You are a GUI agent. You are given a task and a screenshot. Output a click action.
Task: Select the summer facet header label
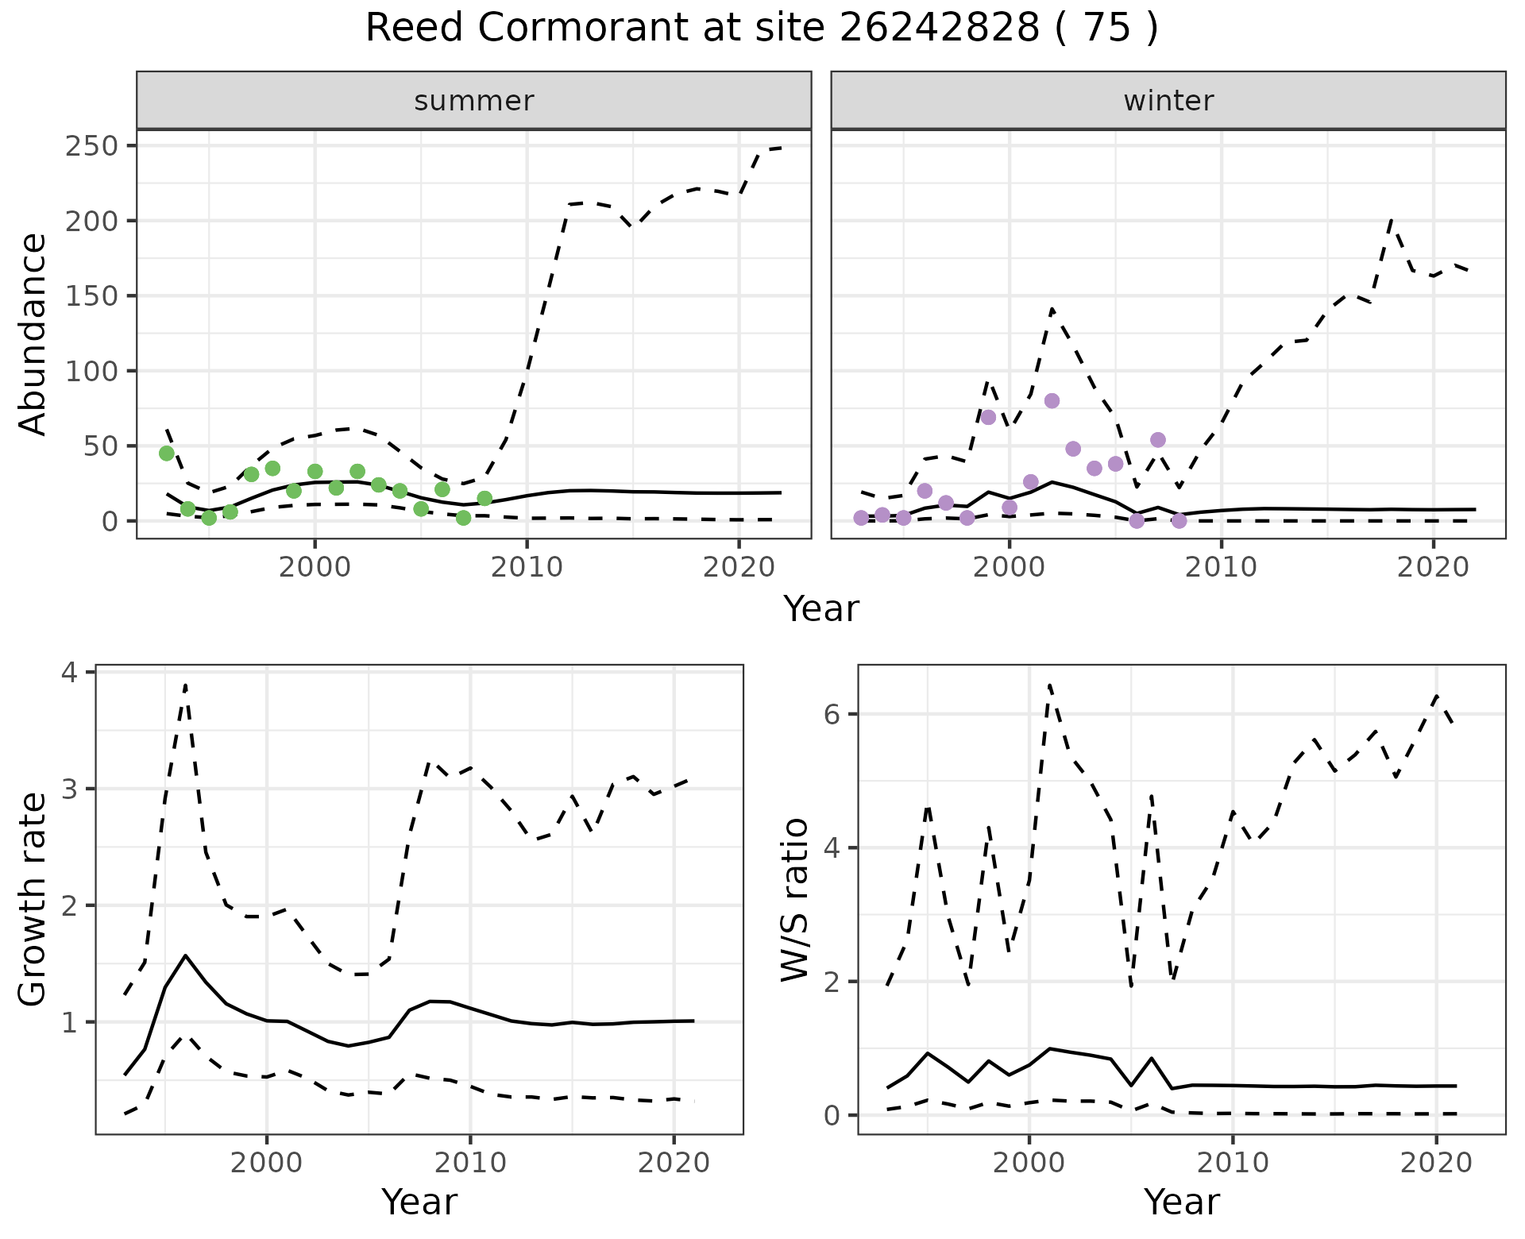pyautogui.click(x=474, y=101)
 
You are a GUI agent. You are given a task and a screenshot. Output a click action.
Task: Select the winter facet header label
pyautogui.click(x=1168, y=101)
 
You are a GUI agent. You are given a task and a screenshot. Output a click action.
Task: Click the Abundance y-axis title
pyautogui.click(x=33, y=334)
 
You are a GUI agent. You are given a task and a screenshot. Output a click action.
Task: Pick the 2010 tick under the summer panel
pyautogui.click(x=527, y=567)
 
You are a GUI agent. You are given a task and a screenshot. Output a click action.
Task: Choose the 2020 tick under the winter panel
pyautogui.click(x=1433, y=567)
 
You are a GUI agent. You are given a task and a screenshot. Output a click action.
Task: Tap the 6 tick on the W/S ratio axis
pyautogui.click(x=832, y=714)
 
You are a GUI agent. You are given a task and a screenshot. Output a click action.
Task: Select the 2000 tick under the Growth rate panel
pyautogui.click(x=267, y=1163)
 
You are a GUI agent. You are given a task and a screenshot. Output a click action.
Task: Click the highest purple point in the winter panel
pyautogui.click(x=1052, y=401)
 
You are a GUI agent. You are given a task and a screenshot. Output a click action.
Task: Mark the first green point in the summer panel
pyautogui.click(x=167, y=454)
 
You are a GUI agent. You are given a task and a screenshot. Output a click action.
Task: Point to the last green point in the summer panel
pyautogui.click(x=485, y=499)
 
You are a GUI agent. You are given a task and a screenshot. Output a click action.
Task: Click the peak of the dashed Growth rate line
pyautogui.click(x=185, y=685)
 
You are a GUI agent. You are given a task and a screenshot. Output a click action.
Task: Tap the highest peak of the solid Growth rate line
pyautogui.click(x=186, y=955)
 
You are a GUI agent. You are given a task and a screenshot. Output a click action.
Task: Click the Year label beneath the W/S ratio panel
pyautogui.click(x=1181, y=1202)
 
